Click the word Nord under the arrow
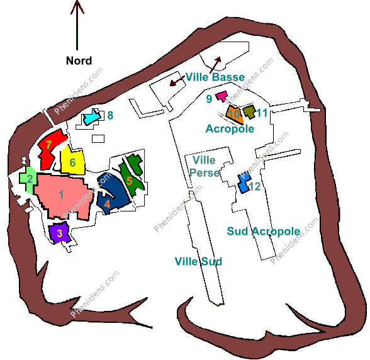click(x=79, y=60)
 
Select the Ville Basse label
click(x=215, y=77)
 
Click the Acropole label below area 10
click(x=230, y=129)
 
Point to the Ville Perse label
click(x=205, y=166)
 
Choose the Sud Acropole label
click(x=264, y=232)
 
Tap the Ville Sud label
click(x=198, y=262)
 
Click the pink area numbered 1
click(x=62, y=196)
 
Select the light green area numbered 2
click(x=29, y=179)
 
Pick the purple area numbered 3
click(x=59, y=233)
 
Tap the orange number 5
click(x=129, y=181)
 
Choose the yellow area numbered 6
click(x=72, y=161)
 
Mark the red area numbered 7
click(x=50, y=149)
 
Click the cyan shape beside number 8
click(x=91, y=117)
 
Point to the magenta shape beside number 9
click(x=221, y=96)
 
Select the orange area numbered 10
click(x=234, y=115)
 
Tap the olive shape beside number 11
click(x=249, y=111)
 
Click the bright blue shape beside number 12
click(x=244, y=183)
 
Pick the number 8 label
click(x=110, y=115)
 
